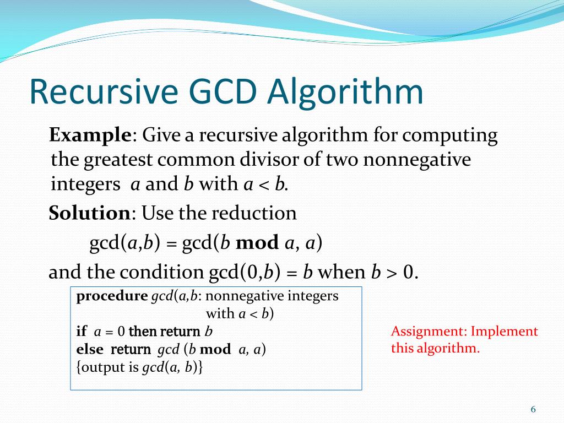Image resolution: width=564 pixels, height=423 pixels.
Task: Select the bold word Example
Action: [90, 135]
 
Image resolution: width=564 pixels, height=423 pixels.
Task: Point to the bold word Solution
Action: [89, 213]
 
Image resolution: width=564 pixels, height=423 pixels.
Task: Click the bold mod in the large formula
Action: [257, 243]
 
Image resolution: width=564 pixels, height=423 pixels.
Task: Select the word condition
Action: [162, 272]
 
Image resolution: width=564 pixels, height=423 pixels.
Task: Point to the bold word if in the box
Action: [82, 332]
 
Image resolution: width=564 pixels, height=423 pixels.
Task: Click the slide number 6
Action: [533, 409]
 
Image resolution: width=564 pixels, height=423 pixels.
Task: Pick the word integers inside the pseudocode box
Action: [312, 296]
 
